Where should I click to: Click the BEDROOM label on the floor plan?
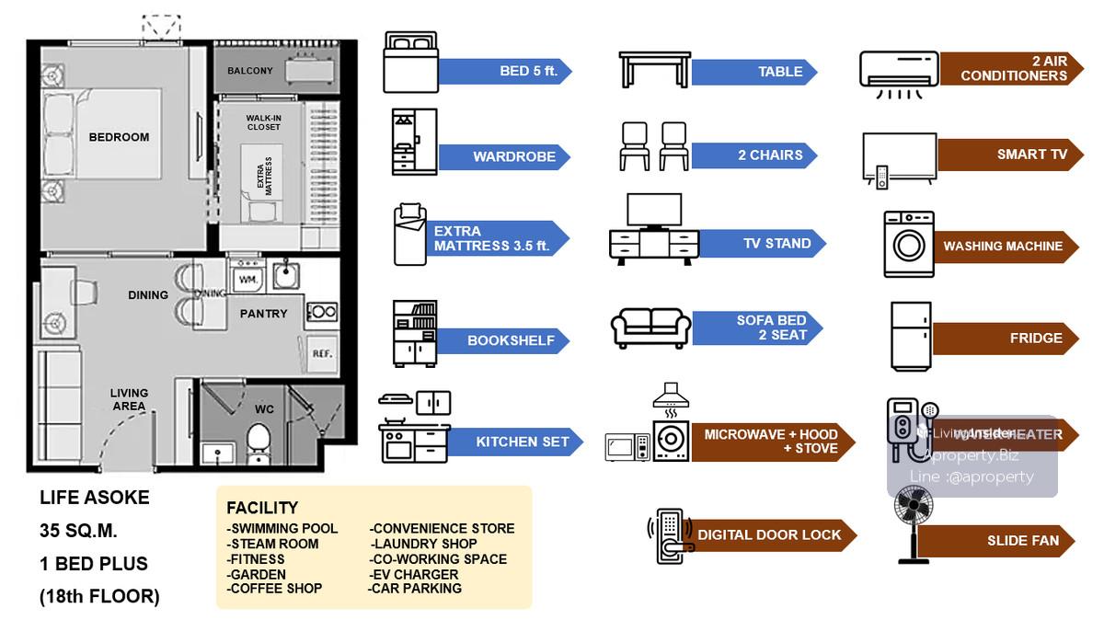[119, 137]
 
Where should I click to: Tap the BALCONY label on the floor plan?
[250, 71]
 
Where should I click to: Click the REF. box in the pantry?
[322, 353]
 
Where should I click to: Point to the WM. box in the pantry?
[247, 277]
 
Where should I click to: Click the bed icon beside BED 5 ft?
[410, 62]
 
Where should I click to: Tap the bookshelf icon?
[414, 333]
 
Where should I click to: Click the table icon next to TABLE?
[654, 69]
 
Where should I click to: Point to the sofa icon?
[651, 327]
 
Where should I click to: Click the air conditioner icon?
[899, 74]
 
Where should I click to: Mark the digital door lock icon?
[670, 534]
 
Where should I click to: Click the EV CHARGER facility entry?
[414, 574]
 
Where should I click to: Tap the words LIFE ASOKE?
[94, 498]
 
